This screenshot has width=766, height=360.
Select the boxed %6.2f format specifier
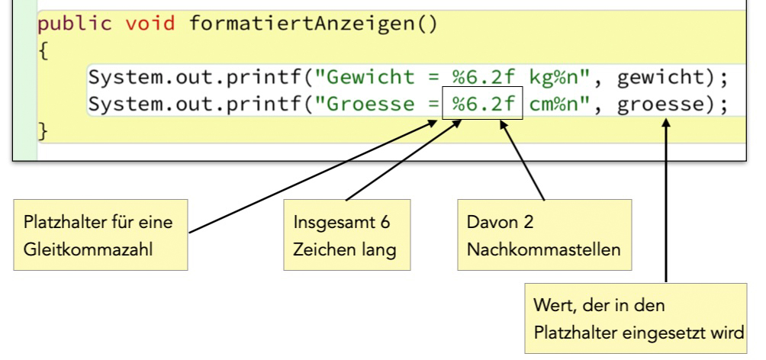[x=482, y=104]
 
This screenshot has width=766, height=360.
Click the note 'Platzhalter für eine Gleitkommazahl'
[x=101, y=235]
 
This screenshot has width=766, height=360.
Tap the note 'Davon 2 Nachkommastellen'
[x=544, y=235]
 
